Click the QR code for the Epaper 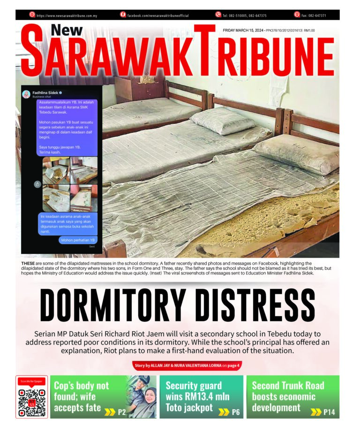[x=32, y=400]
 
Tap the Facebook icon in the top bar [x=123, y=15]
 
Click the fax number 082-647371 [x=315, y=15]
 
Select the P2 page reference [x=121, y=413]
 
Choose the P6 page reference [x=235, y=413]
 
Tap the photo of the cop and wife [x=142, y=397]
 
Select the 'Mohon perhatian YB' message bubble [x=78, y=240]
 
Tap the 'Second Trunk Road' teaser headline [x=288, y=386]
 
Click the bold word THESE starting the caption [x=28, y=264]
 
